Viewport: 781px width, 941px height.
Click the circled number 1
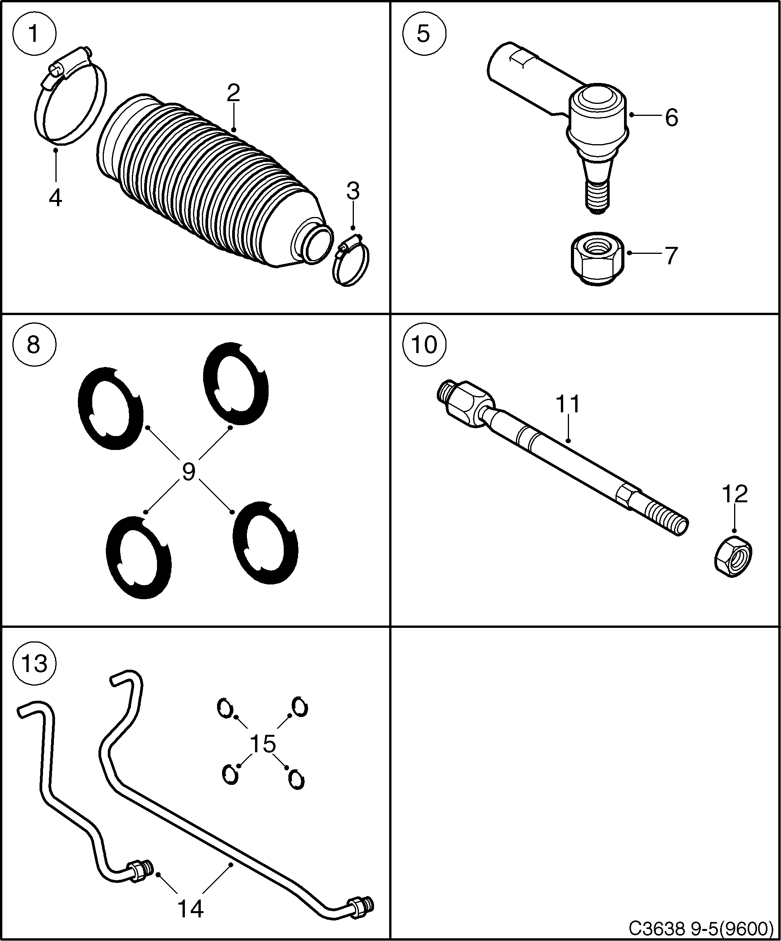tap(34, 34)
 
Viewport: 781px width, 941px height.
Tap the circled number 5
tap(423, 34)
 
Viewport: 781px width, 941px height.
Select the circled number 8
tap(34, 345)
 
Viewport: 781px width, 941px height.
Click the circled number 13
tap(34, 663)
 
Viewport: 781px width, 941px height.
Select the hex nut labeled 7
tap(598, 259)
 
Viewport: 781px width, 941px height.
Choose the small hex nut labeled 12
tap(733, 556)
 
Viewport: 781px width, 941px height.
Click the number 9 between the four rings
tap(188, 472)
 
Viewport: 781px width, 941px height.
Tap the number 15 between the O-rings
tap(262, 744)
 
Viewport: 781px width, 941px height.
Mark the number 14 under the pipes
tap(190, 909)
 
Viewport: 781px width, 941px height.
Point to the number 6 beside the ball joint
tap(671, 118)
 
